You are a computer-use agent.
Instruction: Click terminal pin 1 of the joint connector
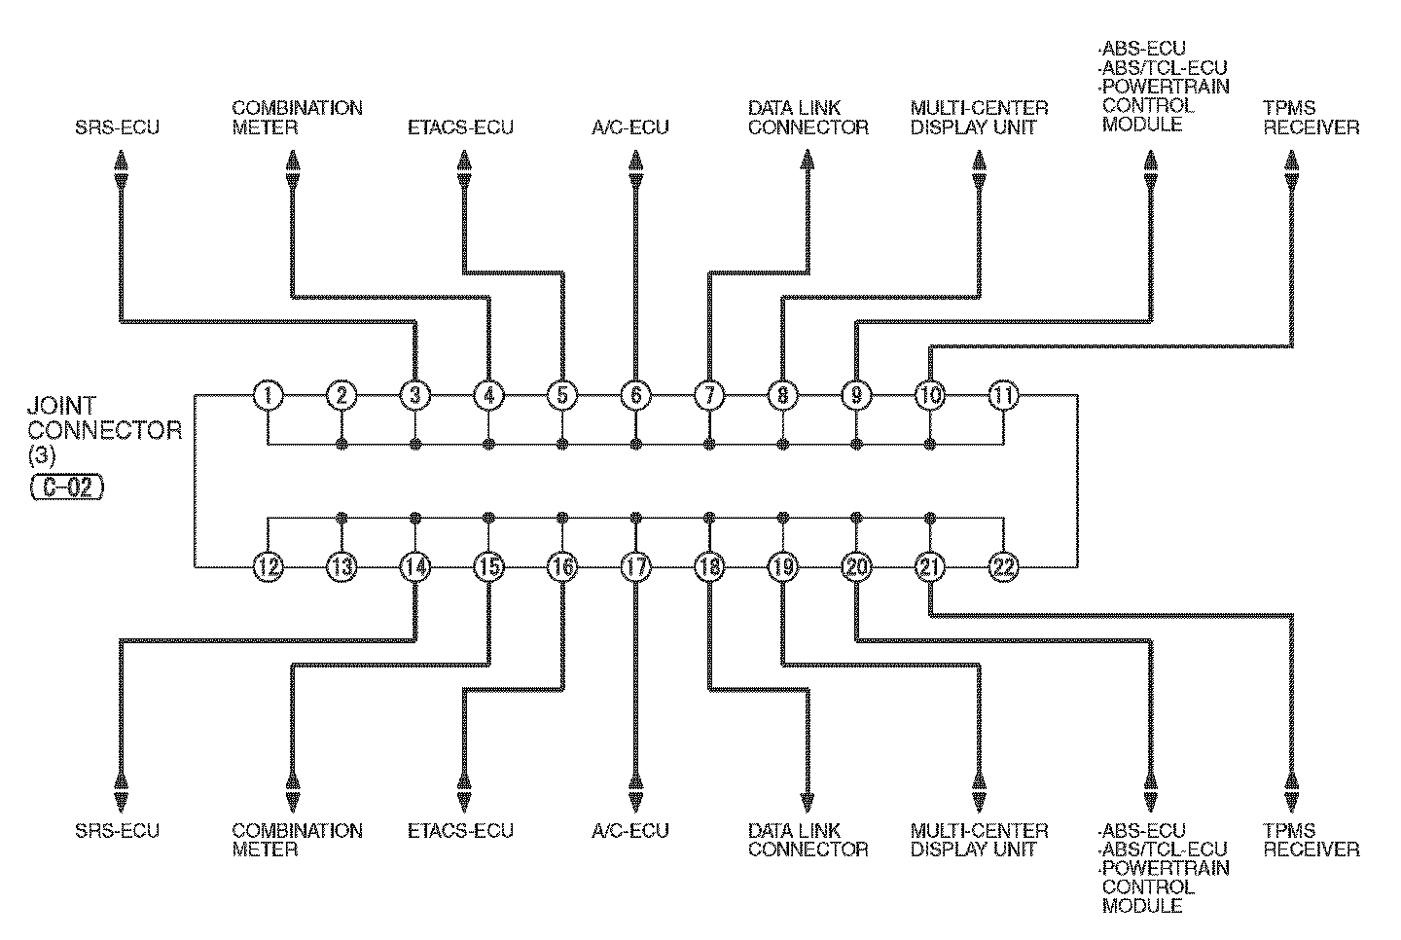coord(268,395)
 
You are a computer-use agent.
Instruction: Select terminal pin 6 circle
coord(635,395)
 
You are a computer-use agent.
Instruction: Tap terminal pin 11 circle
coord(1003,395)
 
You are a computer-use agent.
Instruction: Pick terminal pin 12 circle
coord(268,566)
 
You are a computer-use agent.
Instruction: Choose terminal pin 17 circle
coord(635,566)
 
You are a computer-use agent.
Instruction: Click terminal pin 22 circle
coord(1003,566)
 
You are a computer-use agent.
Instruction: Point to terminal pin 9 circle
coord(856,395)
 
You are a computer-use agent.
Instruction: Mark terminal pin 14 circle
coord(415,566)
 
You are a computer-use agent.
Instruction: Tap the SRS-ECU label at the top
coord(117,127)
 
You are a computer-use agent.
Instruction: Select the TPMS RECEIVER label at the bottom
coord(1311,840)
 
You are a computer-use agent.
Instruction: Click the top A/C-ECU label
coord(630,127)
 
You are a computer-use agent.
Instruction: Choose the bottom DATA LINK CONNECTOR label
coord(808,840)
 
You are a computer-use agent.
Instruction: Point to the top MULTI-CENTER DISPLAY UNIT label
coord(980,118)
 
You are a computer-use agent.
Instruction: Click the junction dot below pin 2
coord(341,445)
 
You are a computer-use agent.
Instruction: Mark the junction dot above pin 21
coord(930,517)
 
